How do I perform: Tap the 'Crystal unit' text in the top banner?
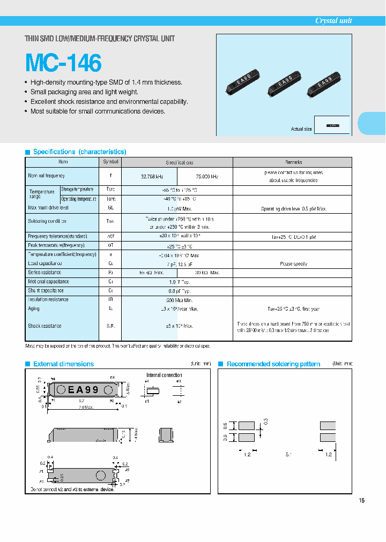coord(333,20)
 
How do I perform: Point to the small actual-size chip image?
coord(332,125)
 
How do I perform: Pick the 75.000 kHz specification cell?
coord(205,176)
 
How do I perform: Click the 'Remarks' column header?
coord(293,162)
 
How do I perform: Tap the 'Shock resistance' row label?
coord(44,326)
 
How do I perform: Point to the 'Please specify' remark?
coord(293,264)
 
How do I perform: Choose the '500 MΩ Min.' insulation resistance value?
coord(177,300)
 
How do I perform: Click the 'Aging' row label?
coord(34,308)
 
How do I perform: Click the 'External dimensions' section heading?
coord(63,364)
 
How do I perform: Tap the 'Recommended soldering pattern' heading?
coord(273,364)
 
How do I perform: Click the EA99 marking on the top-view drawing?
coord(83,390)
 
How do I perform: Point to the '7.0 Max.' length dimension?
coord(81,407)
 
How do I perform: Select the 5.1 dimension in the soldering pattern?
coord(288,454)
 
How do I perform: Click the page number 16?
coord(361,500)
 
